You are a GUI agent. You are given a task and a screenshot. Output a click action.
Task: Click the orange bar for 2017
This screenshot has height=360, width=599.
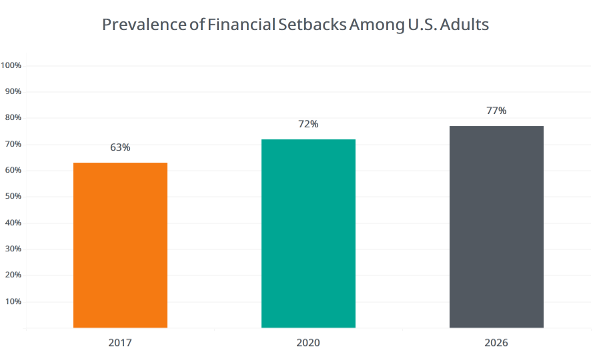[120, 245]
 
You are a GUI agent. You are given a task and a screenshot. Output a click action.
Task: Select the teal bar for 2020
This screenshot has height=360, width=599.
[308, 233]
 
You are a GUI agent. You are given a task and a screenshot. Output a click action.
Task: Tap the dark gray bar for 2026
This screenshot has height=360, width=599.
[496, 227]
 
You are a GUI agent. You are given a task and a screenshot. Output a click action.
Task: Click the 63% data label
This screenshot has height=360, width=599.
[120, 147]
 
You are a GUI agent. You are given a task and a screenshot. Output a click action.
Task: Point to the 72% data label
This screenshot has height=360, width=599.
[308, 124]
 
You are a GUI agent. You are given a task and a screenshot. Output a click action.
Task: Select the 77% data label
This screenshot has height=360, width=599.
[496, 111]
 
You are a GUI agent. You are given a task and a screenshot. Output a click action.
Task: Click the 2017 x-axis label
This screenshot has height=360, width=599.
[120, 343]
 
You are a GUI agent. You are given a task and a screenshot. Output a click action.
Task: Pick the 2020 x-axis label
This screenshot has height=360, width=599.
[308, 343]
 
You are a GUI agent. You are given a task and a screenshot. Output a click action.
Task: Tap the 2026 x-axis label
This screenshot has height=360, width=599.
[496, 343]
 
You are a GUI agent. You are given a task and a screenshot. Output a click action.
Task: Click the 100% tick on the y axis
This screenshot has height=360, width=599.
[11, 65]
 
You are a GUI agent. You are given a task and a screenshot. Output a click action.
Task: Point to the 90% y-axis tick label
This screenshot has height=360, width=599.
[13, 91]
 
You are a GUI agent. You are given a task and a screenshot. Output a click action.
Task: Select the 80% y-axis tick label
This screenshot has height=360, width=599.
[13, 117]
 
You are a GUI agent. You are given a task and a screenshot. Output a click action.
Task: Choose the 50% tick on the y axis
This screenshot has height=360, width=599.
[13, 196]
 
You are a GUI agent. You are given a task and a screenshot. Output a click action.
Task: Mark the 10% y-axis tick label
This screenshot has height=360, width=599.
[13, 301]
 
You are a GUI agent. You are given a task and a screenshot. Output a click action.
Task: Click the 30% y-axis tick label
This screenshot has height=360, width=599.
[13, 249]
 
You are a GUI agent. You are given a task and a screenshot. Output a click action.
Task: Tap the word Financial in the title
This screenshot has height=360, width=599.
[242, 25]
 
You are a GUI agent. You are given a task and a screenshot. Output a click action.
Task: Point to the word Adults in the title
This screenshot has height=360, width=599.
[463, 25]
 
